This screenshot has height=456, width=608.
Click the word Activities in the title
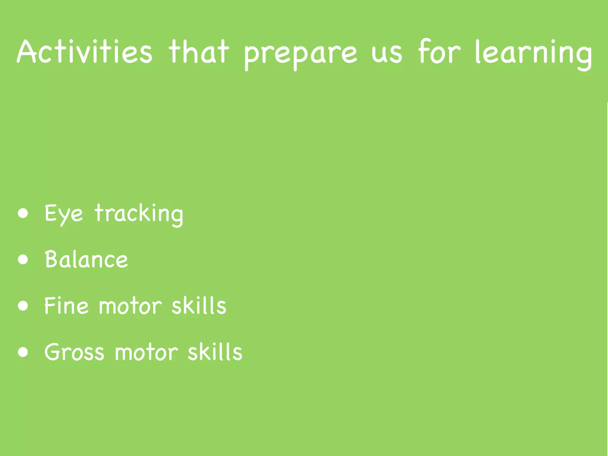point(85,52)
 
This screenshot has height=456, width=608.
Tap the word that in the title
point(199,52)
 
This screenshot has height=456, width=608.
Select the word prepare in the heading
point(300,53)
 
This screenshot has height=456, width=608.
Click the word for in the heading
point(439,52)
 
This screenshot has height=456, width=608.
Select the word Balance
point(86,259)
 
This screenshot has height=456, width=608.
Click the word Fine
point(66,305)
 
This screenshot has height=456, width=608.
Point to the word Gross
point(74,352)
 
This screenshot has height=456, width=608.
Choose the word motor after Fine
point(130,306)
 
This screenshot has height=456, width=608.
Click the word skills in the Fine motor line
point(199,305)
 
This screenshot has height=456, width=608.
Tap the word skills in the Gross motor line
point(215,352)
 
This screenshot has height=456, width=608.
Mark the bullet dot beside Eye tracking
point(23,213)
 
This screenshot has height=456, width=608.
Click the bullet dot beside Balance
point(23,259)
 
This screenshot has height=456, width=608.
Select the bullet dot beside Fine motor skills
point(23,306)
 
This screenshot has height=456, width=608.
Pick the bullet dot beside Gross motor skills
point(23,352)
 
